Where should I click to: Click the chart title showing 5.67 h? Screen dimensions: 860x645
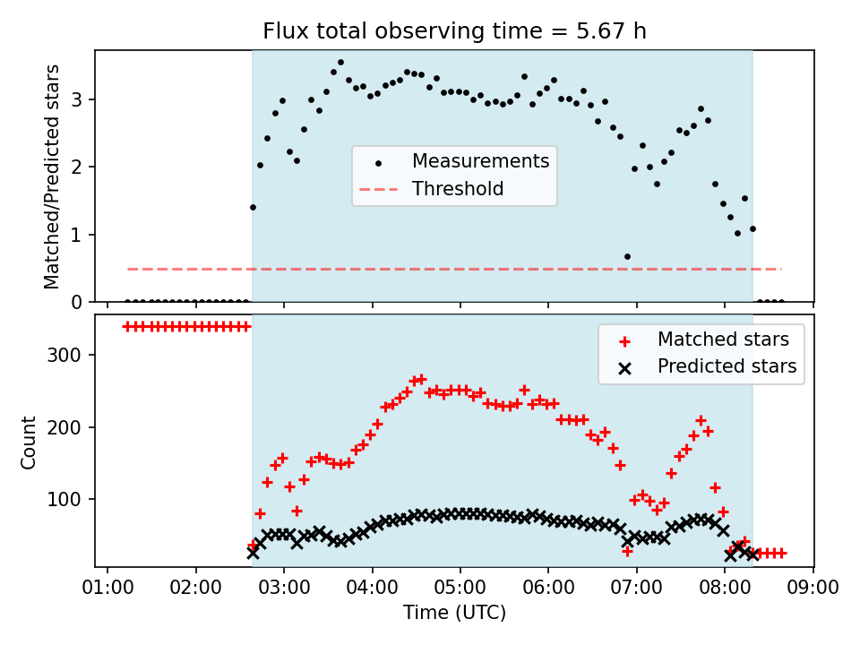454,30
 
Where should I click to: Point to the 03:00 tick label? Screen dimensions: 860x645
284,588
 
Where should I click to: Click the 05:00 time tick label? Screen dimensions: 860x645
460,588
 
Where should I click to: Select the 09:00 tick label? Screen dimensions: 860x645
813,588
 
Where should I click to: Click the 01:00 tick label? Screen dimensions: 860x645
107,588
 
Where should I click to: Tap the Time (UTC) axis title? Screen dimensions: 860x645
454,612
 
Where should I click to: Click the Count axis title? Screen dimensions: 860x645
28,443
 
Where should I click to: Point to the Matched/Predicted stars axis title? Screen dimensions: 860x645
52,176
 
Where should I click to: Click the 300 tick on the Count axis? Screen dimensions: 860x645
64,356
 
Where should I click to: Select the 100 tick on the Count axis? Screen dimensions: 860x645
64,500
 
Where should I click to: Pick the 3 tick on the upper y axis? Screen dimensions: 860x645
76,99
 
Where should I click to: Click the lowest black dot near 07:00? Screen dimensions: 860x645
627,257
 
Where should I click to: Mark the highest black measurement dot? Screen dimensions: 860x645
340,63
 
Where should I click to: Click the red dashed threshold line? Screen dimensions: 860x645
454,270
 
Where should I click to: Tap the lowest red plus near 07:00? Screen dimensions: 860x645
627,551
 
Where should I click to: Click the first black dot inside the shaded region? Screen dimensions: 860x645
253,207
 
